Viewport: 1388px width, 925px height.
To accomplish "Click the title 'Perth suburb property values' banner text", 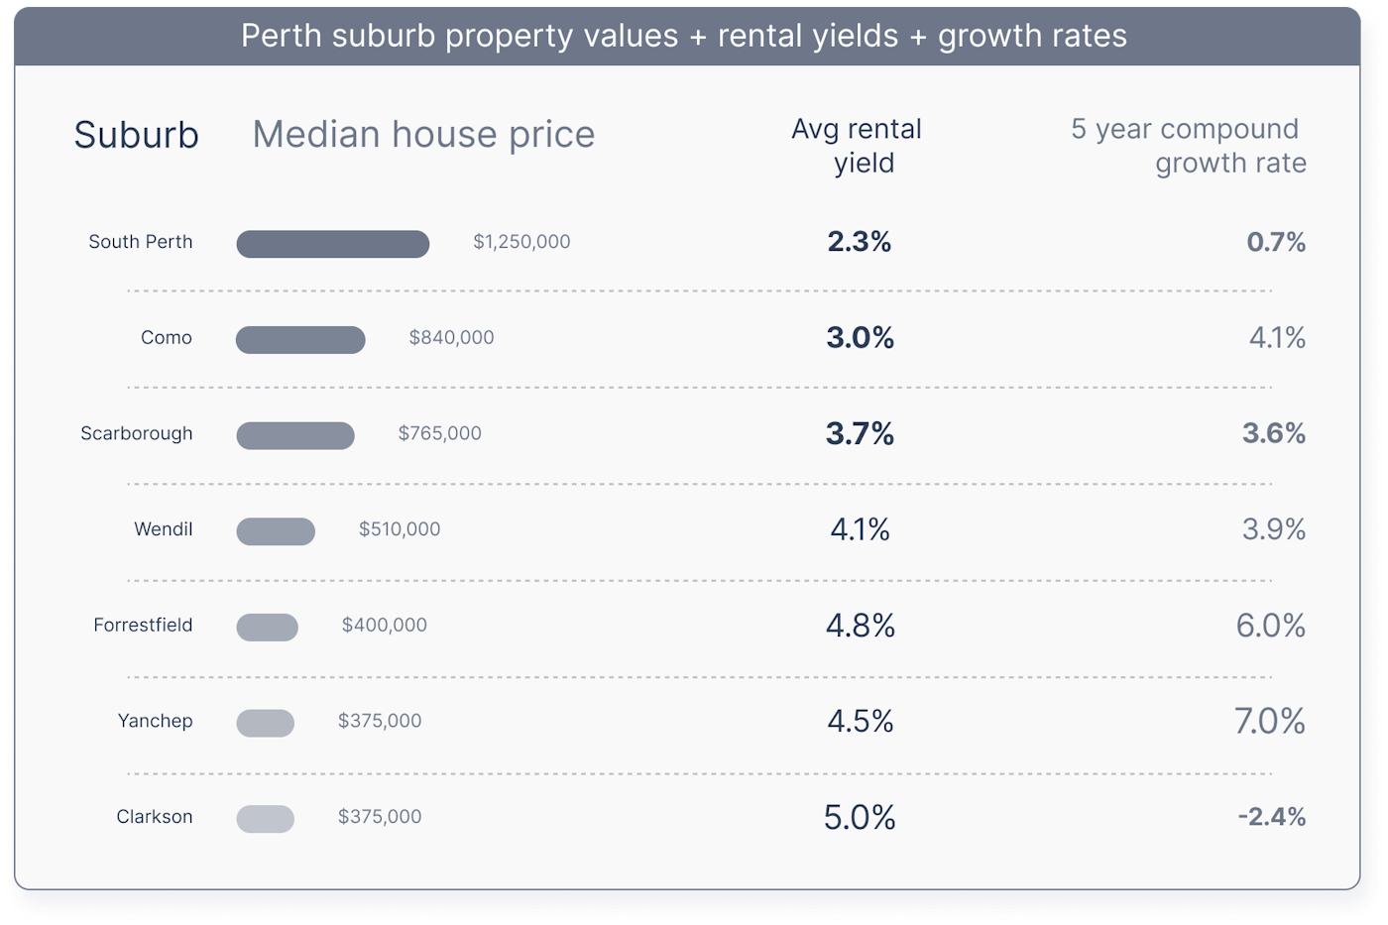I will click(684, 36).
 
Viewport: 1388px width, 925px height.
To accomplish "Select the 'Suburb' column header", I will click(136, 135).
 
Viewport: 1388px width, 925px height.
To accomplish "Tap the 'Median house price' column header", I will click(423, 134).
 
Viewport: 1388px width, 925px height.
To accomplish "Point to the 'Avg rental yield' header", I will click(859, 146).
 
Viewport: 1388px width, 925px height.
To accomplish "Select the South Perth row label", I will click(141, 242).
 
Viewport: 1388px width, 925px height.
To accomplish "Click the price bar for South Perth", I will click(332, 244).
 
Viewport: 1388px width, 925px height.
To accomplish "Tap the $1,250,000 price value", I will click(521, 242).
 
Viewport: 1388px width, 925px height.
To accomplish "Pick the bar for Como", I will click(300, 340).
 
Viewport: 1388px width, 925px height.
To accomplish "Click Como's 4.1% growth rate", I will click(1277, 338).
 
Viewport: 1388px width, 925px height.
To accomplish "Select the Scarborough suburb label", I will click(137, 434).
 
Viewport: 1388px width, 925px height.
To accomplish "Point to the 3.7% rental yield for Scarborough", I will click(860, 434).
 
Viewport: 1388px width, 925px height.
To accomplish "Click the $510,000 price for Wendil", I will click(400, 529).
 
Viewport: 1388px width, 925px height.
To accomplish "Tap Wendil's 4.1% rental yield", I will click(860, 529).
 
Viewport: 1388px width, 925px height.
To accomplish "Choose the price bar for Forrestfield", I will click(267, 628).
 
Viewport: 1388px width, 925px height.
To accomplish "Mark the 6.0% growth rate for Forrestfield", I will click(1270, 626).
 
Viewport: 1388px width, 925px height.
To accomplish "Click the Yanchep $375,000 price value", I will click(380, 721).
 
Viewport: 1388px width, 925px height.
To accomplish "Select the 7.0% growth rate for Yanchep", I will click(1269, 721).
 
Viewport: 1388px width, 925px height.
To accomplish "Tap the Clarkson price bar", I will click(265, 819).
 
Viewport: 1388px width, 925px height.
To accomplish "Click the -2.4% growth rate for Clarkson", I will click(1271, 817).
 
